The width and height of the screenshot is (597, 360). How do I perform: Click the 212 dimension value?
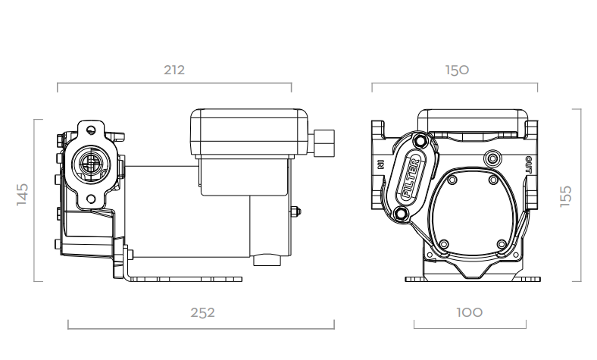coord(174,70)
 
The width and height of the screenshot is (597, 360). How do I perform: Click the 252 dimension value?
coord(202,313)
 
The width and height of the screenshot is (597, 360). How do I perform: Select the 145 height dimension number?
coord(23,194)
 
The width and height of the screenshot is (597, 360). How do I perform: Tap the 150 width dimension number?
coord(457,70)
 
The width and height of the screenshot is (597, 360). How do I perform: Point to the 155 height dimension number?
coord(566,196)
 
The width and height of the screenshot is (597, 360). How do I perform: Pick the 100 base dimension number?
coord(470,313)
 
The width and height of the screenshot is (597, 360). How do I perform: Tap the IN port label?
coord(381,164)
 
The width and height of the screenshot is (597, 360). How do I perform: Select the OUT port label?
coord(529,164)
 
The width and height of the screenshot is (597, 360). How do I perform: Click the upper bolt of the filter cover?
coord(420,141)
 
